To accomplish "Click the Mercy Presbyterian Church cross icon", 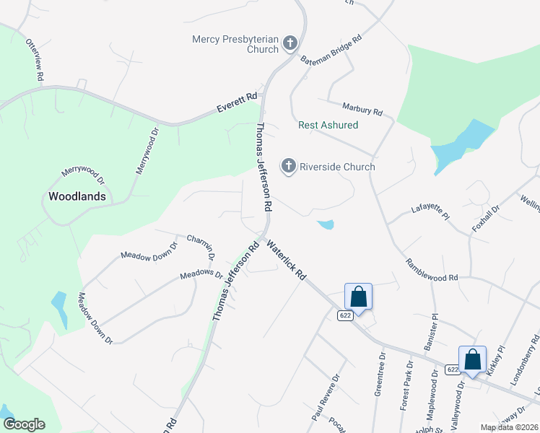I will (x=289, y=43).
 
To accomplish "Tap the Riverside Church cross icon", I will (x=289, y=167).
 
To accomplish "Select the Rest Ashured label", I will (x=328, y=125).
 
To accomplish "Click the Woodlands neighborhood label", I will (x=77, y=196).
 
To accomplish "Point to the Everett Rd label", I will (x=238, y=103).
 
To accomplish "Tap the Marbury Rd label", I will (x=362, y=110).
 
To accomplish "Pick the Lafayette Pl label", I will (x=430, y=211).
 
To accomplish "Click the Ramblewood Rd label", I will (x=432, y=271).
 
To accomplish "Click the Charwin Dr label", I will (x=201, y=246).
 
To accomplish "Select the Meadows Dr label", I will (x=201, y=274).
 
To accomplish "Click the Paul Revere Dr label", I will (x=325, y=398).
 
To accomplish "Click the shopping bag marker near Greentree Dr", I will (x=358, y=296).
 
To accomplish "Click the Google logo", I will (x=24, y=424).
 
